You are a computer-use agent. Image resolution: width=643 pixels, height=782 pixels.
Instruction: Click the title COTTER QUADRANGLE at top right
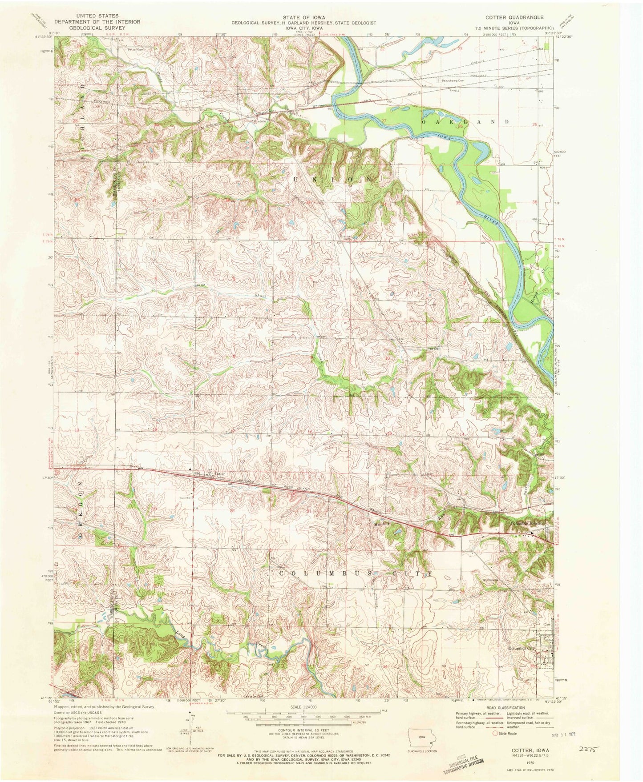pos(518,17)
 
